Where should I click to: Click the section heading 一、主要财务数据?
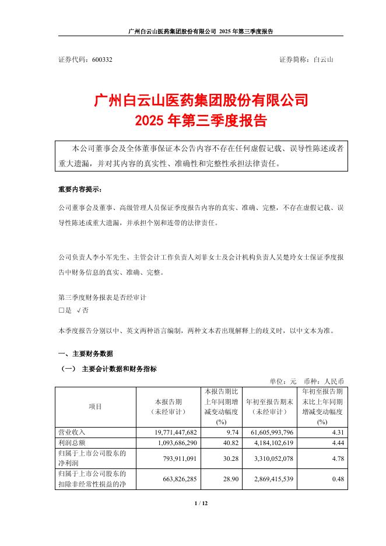tap(86, 353)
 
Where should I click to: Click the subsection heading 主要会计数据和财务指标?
tap(119, 369)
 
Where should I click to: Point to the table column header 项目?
tap(94, 407)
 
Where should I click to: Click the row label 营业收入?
tap(71, 432)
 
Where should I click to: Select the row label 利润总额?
tap(71, 442)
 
